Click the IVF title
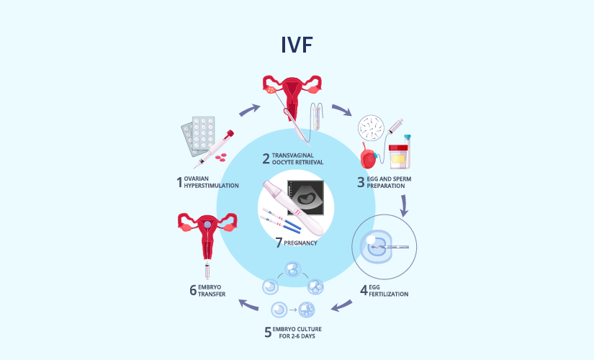click(297, 45)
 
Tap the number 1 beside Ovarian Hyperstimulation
click(179, 182)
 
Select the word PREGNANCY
click(300, 243)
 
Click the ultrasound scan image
click(305, 197)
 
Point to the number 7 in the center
click(279, 242)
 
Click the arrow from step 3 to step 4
click(404, 206)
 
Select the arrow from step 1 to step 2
click(250, 110)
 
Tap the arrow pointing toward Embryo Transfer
click(248, 305)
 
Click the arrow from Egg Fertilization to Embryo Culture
click(342, 305)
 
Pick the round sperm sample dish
click(371, 128)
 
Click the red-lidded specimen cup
click(398, 156)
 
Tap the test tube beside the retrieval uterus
click(316, 118)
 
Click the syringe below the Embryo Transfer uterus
click(207, 271)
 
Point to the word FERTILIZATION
click(389, 294)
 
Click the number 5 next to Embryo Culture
click(268, 333)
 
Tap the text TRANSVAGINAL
click(293, 156)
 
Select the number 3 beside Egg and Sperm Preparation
click(361, 182)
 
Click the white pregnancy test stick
click(293, 207)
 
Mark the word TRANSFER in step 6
click(212, 294)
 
